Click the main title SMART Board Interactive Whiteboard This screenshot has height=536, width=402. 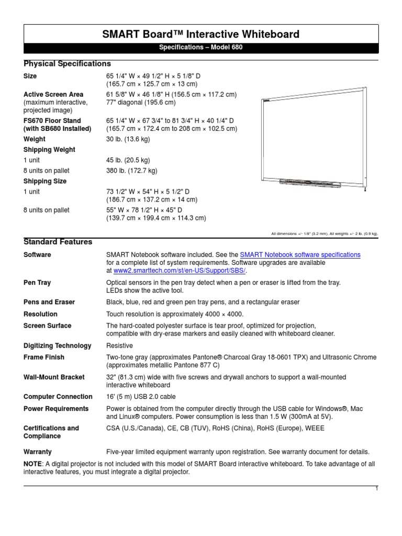pyautogui.click(x=200, y=35)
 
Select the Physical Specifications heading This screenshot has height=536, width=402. pyautogui.click(x=68, y=63)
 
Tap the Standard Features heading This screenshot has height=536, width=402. pyautogui.click(x=58, y=242)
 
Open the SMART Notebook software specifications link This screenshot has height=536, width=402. pyautogui.click(x=300, y=254)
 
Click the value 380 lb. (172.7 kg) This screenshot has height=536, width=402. pyautogui.click(x=132, y=171)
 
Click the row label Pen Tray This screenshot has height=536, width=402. pyautogui.click(x=37, y=283)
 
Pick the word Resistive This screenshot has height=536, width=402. pyautogui.click(x=119, y=345)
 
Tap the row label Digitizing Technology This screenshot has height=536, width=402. pyautogui.click(x=58, y=345)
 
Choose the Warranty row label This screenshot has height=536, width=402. pyautogui.click(x=38, y=452)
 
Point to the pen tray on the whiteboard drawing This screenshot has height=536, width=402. pyautogui.click(x=311, y=183)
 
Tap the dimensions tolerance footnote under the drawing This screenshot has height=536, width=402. pyautogui.click(x=324, y=233)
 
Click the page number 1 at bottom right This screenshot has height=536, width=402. pyautogui.click(x=376, y=488)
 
